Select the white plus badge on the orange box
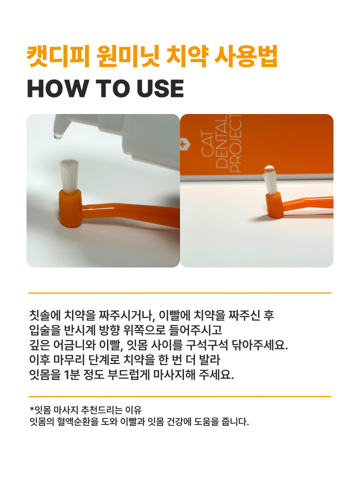183,144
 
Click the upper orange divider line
180,293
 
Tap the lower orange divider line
180,396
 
